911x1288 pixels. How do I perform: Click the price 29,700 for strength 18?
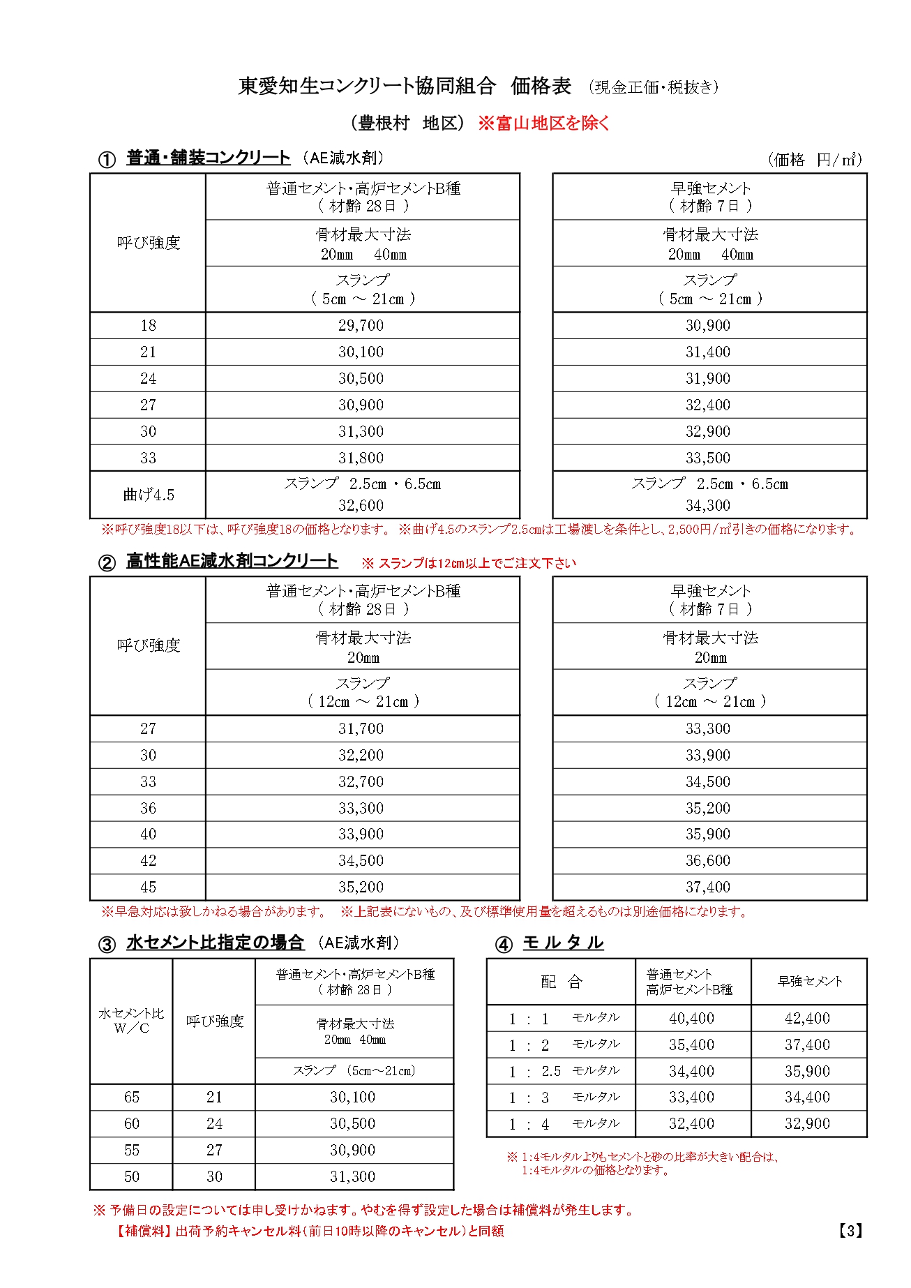361,325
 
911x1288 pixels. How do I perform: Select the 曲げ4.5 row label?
148,495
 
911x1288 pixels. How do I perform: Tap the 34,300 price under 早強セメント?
708,505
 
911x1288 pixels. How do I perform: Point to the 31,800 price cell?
361,458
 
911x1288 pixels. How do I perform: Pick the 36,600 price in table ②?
708,860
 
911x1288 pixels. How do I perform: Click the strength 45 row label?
148,887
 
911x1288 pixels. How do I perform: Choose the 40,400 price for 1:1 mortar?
691,1018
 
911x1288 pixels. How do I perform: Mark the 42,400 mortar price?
807,1018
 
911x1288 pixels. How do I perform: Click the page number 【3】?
850,1231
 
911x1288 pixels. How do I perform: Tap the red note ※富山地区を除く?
543,123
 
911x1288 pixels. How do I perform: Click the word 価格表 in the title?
541,86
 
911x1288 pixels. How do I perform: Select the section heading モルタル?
563,943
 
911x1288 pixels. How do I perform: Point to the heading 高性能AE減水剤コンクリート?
232,561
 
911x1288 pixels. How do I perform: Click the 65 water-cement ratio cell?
131,1097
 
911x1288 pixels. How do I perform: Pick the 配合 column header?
561,982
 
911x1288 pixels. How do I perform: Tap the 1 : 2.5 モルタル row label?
563,1071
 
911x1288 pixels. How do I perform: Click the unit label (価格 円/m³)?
815,160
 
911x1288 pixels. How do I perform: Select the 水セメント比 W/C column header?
131,1021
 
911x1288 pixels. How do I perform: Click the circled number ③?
106,945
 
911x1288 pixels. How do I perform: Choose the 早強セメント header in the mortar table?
809,981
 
